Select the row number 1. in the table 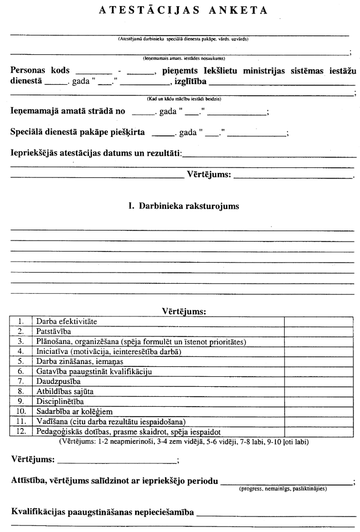pos(21,321)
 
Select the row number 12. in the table pos(21,431)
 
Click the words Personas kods pos(40,71)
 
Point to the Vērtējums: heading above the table pos(183,311)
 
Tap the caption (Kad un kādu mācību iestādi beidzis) pos(184,99)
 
